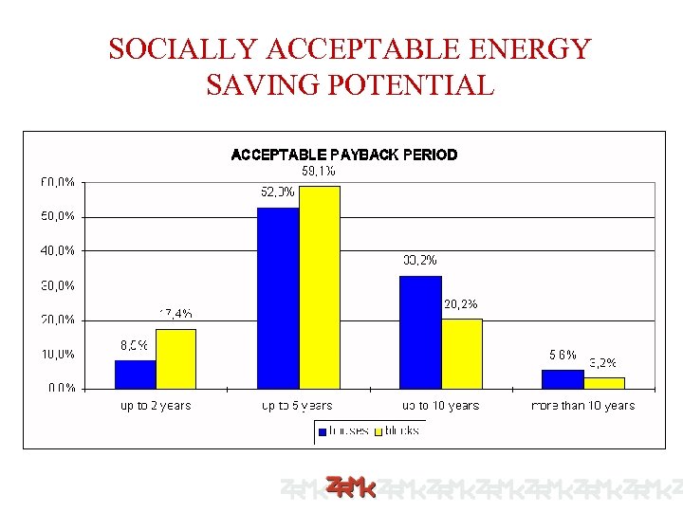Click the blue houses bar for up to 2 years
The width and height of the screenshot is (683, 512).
point(135,375)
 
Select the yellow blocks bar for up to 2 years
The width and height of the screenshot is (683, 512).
point(175,358)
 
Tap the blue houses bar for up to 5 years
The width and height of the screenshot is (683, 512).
point(278,298)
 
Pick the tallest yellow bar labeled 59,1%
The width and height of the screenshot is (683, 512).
point(319,287)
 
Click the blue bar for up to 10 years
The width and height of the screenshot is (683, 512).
point(420,332)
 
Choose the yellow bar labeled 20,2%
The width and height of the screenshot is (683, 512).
point(462,353)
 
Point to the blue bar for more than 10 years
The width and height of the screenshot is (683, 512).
point(563,378)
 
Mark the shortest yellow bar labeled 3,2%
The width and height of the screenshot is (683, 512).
point(604,382)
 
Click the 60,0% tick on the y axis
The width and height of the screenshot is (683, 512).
point(58,181)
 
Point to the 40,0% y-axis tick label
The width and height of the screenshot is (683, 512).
point(58,250)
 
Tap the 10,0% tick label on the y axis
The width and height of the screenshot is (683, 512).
point(58,354)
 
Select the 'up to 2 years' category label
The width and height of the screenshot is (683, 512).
point(156,406)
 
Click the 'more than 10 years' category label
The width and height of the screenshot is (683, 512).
point(582,406)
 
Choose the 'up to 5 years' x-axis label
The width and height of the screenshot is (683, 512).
point(297,406)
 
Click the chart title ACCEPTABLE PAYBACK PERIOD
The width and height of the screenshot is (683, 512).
point(344,155)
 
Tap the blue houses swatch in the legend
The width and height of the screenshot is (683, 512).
point(323,431)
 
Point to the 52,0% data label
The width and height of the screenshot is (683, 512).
point(277,192)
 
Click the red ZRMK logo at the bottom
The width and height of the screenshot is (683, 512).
point(350,488)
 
